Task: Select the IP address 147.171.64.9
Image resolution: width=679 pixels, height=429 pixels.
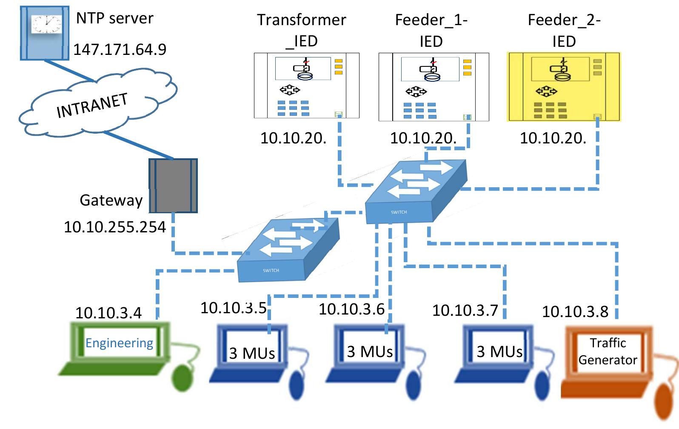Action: tap(120, 50)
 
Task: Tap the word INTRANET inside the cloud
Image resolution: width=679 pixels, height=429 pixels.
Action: tap(92, 106)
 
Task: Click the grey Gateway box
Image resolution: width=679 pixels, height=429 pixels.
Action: tap(173, 186)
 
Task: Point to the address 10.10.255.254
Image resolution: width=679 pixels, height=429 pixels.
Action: tap(115, 227)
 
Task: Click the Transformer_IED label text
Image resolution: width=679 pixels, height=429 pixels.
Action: tap(302, 30)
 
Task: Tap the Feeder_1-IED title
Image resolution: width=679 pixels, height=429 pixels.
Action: tap(431, 30)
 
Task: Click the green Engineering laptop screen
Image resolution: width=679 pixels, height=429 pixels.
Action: tap(119, 343)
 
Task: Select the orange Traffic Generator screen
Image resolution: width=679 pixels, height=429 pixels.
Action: tap(608, 351)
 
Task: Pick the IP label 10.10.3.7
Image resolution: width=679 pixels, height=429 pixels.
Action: tap(465, 310)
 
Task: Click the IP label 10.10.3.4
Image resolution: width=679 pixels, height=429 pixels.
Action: tap(108, 313)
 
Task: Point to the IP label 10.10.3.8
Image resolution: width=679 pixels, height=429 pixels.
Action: tap(575, 312)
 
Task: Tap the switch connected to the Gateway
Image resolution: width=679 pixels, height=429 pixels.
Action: tap(288, 251)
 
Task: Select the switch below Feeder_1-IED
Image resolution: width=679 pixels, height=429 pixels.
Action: tap(415, 192)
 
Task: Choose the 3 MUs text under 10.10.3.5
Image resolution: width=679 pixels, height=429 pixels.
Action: tap(252, 353)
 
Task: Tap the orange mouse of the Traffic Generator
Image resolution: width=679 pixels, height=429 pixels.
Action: tap(665, 402)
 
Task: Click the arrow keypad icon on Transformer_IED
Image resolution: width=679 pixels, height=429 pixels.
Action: tap(290, 90)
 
